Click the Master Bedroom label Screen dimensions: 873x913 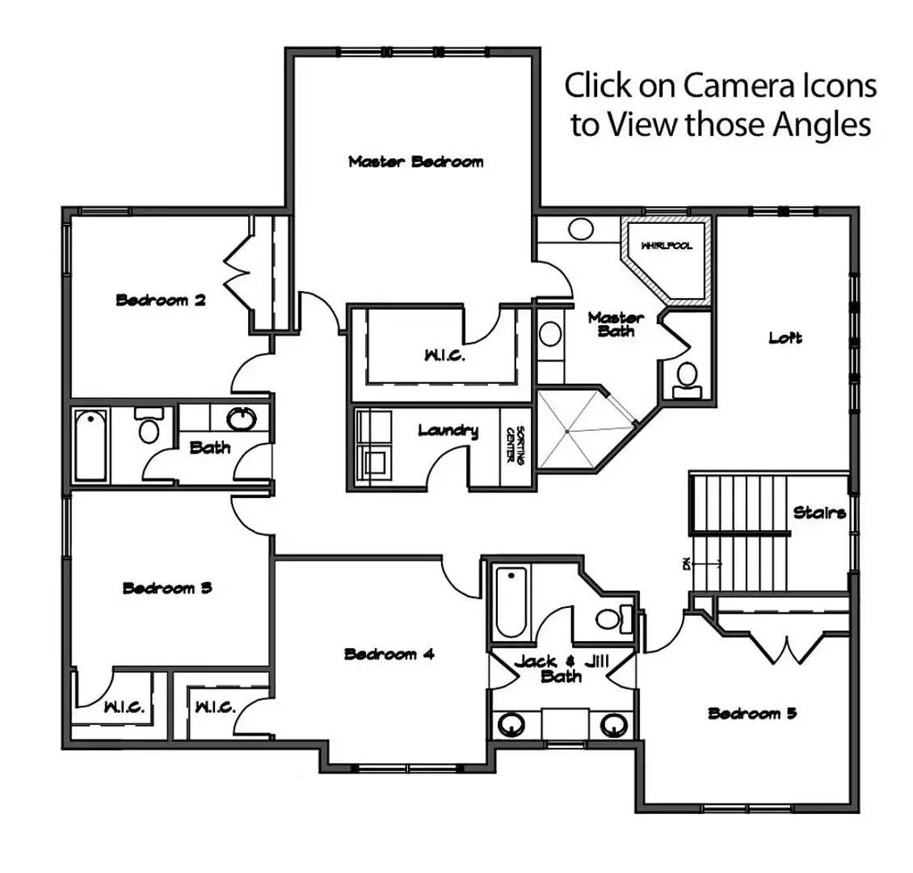tap(415, 162)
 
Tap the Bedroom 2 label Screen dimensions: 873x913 tap(161, 301)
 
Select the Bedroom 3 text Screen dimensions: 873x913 tap(167, 588)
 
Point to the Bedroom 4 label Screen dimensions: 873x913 tap(389, 654)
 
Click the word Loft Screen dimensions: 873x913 tap(785, 338)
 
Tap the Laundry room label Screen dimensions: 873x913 tap(448, 431)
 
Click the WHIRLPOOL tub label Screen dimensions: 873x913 tap(667, 246)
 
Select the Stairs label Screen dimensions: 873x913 tap(819, 512)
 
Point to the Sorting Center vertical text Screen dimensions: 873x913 tap(515, 445)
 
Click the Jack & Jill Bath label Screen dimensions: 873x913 tap(561, 669)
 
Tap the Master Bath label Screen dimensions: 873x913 tap(616, 324)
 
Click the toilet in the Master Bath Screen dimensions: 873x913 tap(688, 376)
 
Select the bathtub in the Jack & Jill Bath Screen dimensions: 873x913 tap(511, 602)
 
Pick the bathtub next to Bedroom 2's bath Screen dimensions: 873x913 tap(90, 445)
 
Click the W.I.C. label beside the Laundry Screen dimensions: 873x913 tap(444, 356)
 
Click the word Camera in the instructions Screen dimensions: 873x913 tap(734, 85)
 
